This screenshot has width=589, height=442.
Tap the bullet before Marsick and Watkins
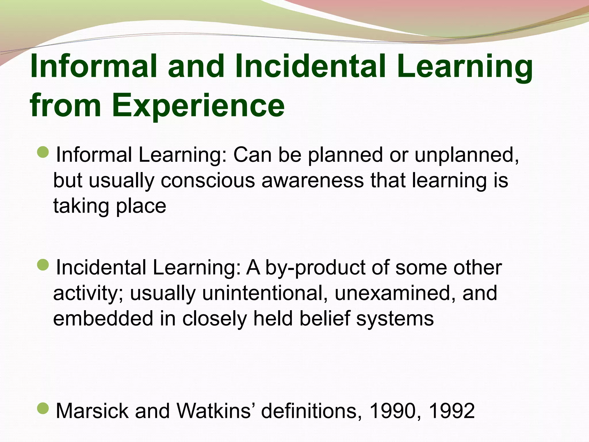[43, 408]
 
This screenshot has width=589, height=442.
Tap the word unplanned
[466, 155]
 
